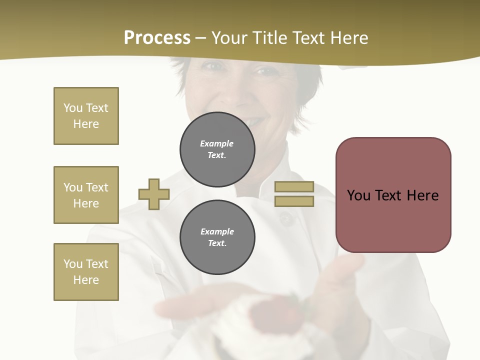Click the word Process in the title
tap(157, 38)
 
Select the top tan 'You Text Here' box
tap(86, 116)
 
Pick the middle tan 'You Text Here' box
tap(86, 195)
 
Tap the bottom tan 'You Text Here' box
tap(86, 272)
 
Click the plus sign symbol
tap(154, 194)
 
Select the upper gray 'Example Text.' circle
tap(217, 149)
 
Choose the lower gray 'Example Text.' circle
tap(217, 237)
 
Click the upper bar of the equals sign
tap(294, 187)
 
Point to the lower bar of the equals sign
tap(294, 201)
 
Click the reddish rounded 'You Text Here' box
tap(393, 195)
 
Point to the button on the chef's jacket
tap(286, 218)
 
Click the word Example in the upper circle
tap(217, 143)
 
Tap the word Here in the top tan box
tap(86, 124)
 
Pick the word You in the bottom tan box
tap(73, 264)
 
